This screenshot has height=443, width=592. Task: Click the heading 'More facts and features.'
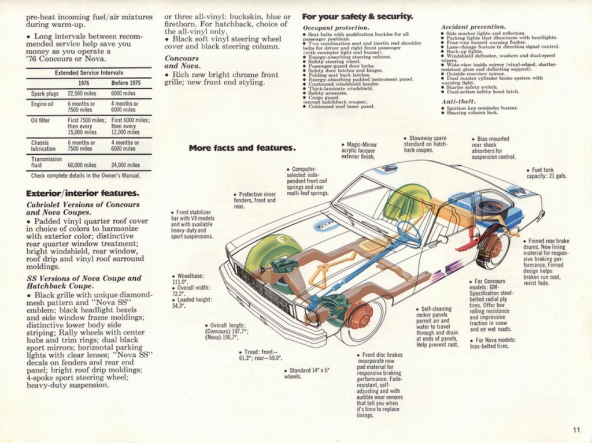pos(242,148)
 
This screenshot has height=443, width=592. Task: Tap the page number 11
pos(577,429)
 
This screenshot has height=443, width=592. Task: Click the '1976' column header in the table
pos(83,83)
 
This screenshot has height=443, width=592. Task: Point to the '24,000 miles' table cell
pos(125,165)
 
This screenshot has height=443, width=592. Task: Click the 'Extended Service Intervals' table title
pos(88,73)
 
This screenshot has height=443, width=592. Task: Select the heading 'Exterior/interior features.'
pos(82,192)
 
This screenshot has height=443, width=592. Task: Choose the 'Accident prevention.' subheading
pos(473,27)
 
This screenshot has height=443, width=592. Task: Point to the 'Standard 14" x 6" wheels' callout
pos(306,373)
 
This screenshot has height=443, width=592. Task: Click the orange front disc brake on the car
pos(359,315)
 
